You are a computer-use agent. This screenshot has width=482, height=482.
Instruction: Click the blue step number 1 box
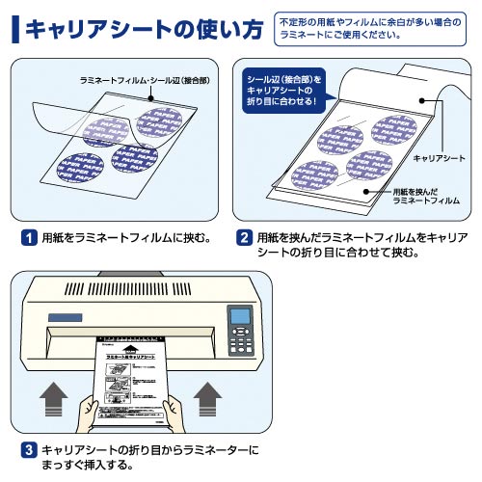[30, 236]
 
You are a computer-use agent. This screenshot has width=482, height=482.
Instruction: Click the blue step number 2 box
[245, 236]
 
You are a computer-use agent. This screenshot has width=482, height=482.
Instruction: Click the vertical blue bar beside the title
[14, 29]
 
